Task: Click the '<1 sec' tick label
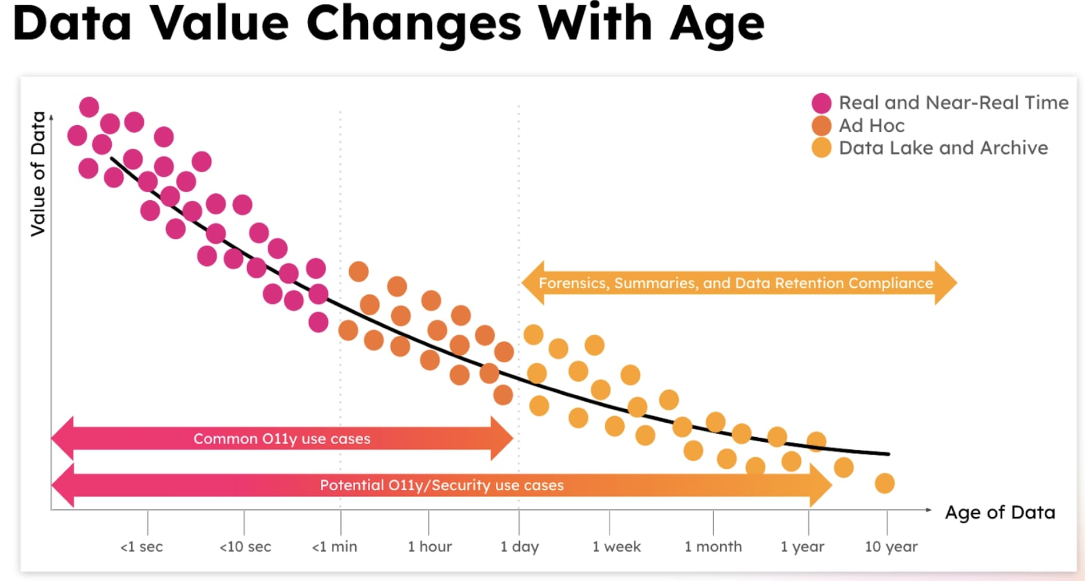(x=141, y=547)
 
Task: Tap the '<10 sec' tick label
(x=245, y=547)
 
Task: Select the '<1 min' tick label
(x=335, y=547)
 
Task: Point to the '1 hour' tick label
(x=430, y=547)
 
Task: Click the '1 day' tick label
(x=520, y=547)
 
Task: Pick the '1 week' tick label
(x=616, y=547)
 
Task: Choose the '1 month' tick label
(x=713, y=547)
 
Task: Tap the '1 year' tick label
(x=803, y=547)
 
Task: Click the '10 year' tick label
(x=891, y=547)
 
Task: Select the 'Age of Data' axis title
(x=1000, y=512)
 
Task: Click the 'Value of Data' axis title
(x=38, y=173)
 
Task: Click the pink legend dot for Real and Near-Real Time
(x=821, y=103)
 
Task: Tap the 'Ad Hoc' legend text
(x=871, y=125)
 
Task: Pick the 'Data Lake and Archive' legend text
(x=943, y=148)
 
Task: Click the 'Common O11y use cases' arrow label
(x=282, y=438)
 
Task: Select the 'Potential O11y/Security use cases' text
(x=442, y=485)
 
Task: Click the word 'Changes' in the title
(x=414, y=24)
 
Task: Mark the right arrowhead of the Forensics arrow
(x=946, y=283)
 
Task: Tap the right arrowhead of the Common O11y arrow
(x=502, y=438)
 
